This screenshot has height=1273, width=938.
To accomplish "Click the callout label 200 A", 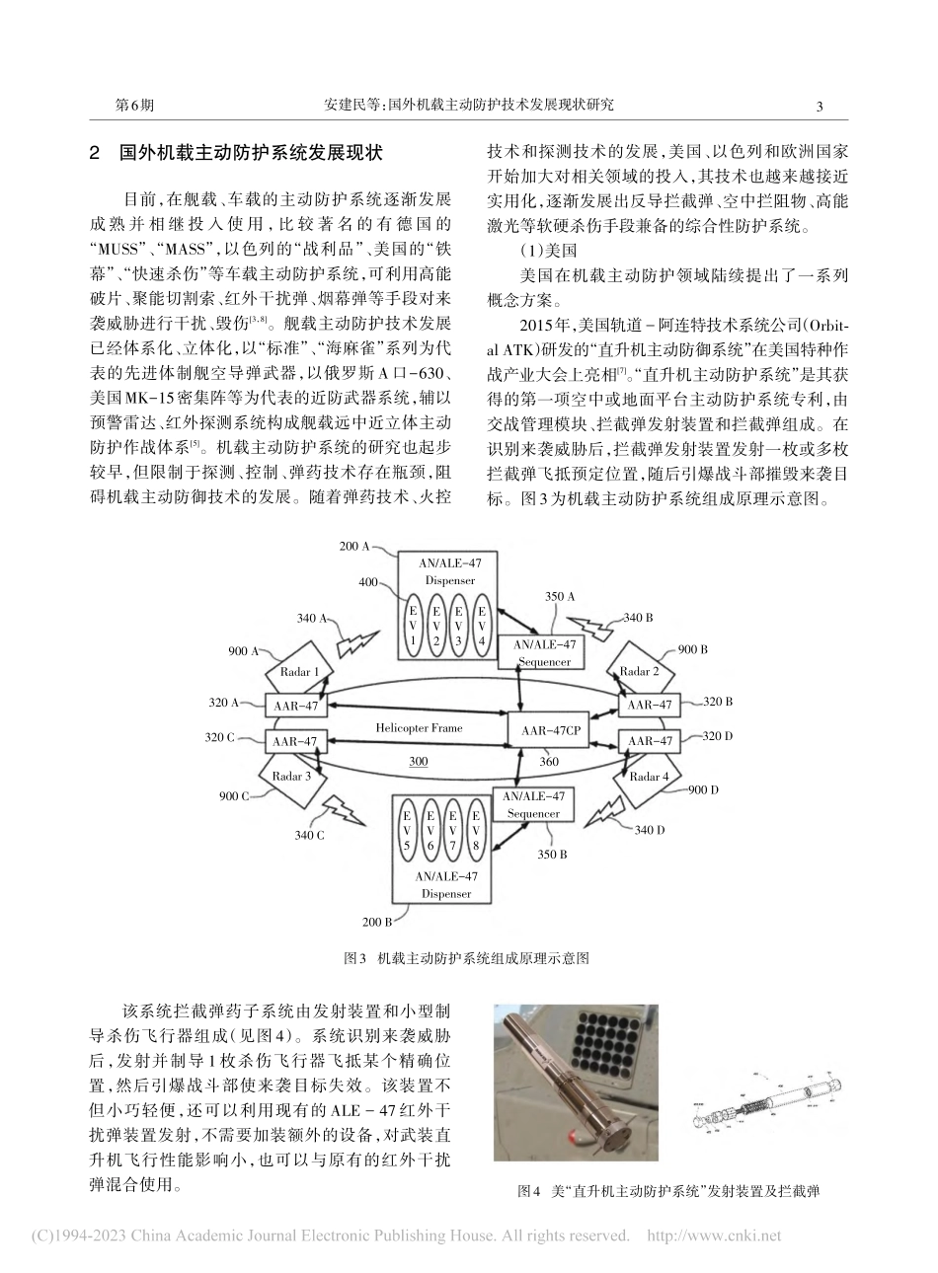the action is pos(353,546).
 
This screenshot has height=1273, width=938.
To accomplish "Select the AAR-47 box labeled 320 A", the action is pos(295,705).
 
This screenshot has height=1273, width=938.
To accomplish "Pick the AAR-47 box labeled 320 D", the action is pos(651,741).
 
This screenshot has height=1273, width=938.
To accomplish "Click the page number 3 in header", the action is pos(820,105).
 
